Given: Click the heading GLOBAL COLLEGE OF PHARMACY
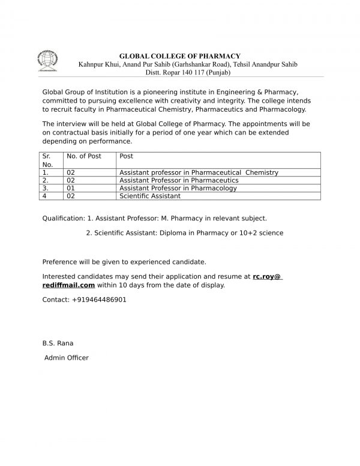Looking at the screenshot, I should (x=181, y=56).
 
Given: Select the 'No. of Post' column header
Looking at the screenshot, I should (x=83, y=156).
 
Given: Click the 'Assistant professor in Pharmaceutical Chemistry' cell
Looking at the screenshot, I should (x=199, y=172).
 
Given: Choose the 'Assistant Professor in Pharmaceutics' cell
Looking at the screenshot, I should (x=179, y=180).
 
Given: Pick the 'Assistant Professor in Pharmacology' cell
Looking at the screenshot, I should (x=178, y=188).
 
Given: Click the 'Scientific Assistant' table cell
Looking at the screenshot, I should (x=150, y=196).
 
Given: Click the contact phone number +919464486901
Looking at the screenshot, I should (x=99, y=299).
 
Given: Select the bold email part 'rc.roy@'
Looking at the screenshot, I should (x=268, y=276).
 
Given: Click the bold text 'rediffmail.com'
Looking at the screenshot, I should (x=68, y=285).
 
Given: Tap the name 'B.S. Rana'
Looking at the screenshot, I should (x=58, y=343).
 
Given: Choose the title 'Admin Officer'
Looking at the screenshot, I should (x=67, y=358).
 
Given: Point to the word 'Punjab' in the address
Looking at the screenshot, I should (x=217, y=73).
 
